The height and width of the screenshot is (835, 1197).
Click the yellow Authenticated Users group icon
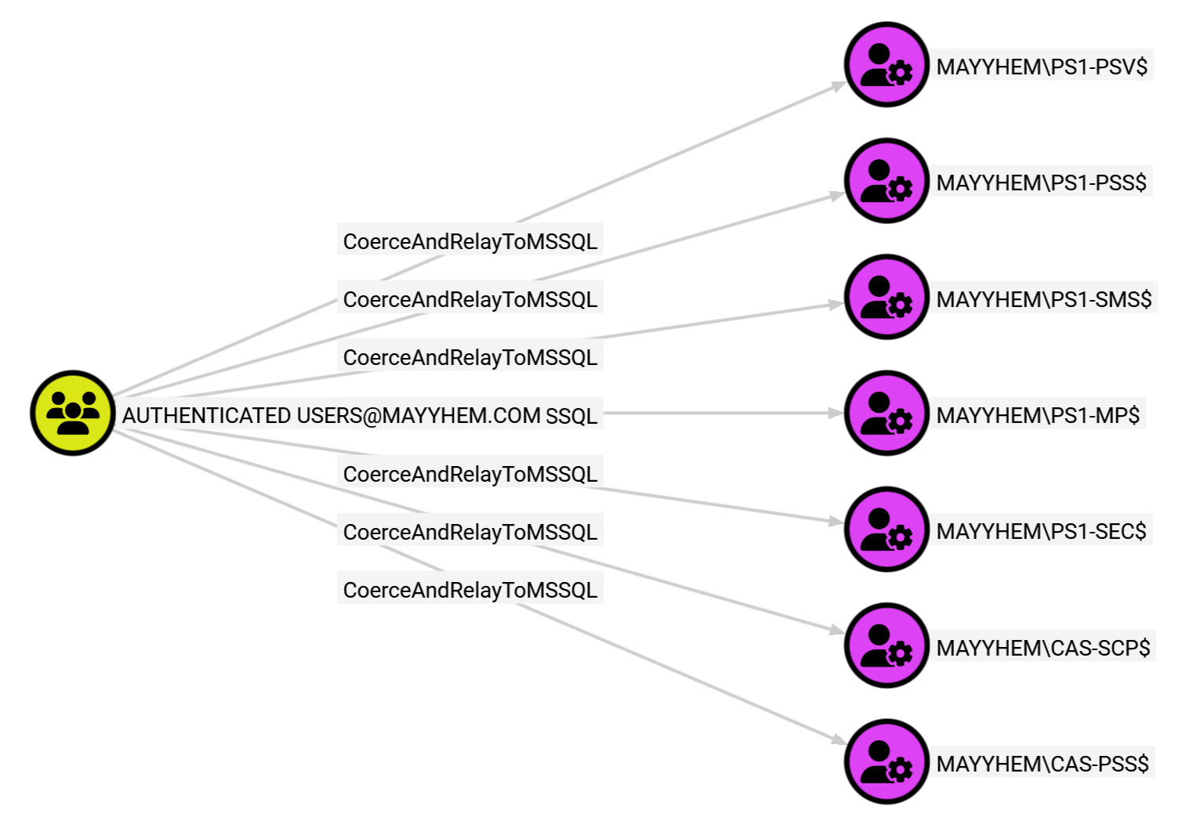point(73,413)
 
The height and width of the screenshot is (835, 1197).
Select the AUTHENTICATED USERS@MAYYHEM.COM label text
point(331,415)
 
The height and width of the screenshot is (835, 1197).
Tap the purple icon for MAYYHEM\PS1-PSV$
point(887,64)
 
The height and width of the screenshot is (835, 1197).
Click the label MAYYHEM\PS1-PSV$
point(1041,67)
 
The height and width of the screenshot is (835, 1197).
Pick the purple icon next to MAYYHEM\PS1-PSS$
point(887,180)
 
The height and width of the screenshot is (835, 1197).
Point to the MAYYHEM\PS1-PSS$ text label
point(1041,183)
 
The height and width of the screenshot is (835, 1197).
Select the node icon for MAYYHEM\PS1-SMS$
point(887,297)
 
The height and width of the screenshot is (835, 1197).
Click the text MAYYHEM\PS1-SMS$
point(1043,299)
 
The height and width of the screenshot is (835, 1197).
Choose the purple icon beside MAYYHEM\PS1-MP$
point(887,413)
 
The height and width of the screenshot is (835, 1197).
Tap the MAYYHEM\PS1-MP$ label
point(1038,415)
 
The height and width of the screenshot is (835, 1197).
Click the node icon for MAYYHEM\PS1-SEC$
point(887,529)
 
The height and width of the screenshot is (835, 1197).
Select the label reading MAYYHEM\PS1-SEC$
point(1041,531)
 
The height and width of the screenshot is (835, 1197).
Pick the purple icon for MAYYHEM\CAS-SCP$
point(887,645)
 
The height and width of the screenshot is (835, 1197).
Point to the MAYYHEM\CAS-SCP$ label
point(1043,648)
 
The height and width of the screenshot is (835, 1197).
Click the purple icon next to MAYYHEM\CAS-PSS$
point(887,761)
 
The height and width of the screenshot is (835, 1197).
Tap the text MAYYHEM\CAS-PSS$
point(1042,764)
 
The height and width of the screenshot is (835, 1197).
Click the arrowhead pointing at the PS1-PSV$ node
point(837,85)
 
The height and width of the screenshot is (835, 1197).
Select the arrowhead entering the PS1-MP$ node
point(835,413)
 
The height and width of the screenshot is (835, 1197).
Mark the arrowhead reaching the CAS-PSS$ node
point(837,739)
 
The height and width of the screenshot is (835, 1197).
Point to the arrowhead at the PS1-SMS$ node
point(835,305)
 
